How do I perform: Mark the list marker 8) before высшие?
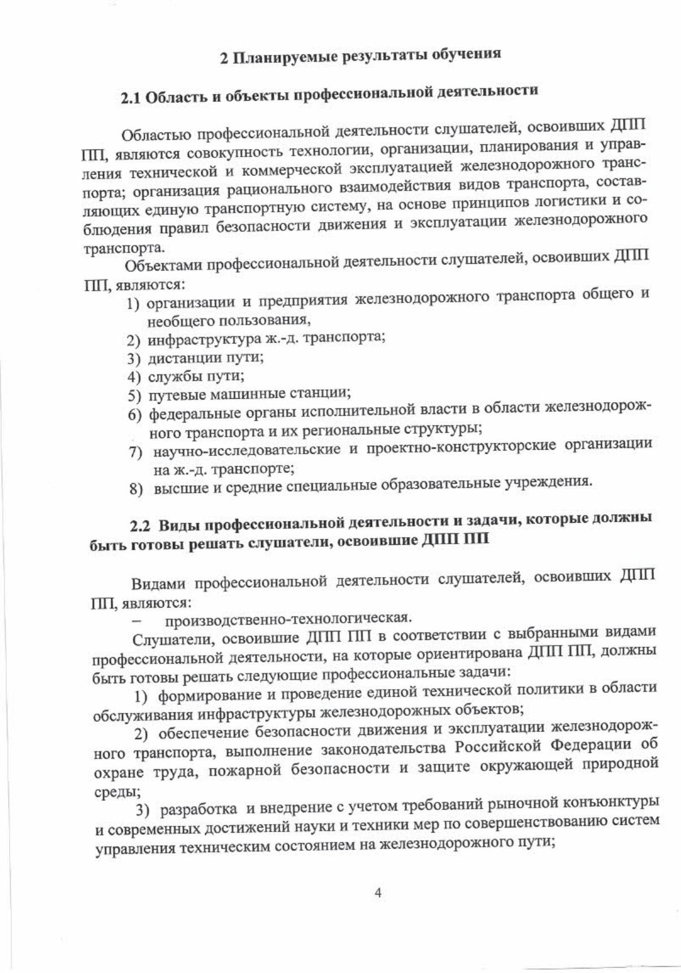(136, 489)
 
